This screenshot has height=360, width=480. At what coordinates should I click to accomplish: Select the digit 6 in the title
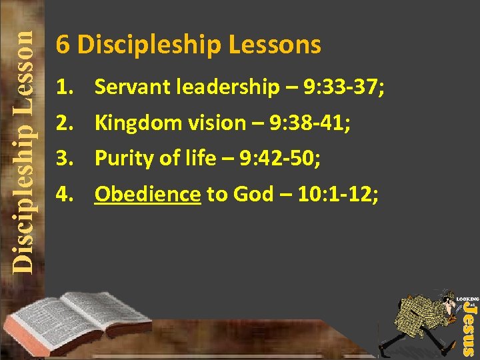click(x=63, y=45)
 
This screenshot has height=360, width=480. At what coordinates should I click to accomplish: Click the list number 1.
click(x=64, y=87)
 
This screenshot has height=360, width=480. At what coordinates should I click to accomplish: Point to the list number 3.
click(x=64, y=159)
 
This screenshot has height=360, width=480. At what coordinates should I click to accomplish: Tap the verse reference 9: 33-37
click(x=341, y=87)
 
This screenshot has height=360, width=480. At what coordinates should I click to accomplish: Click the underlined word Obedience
click(x=147, y=195)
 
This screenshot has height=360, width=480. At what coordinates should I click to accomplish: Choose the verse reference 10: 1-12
click(x=334, y=195)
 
